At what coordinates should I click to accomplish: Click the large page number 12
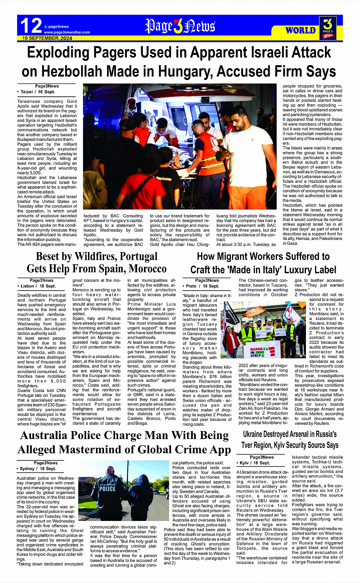(30, 26)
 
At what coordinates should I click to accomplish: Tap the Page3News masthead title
(180, 26)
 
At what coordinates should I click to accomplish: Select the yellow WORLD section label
(301, 30)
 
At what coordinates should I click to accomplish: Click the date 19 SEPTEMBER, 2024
(47, 38)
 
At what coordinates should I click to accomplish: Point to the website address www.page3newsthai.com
(67, 32)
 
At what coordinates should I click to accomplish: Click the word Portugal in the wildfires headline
(128, 256)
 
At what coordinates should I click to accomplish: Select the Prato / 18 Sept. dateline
(202, 286)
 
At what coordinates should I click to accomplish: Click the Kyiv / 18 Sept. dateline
(254, 463)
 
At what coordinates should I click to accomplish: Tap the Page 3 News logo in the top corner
(328, 28)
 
